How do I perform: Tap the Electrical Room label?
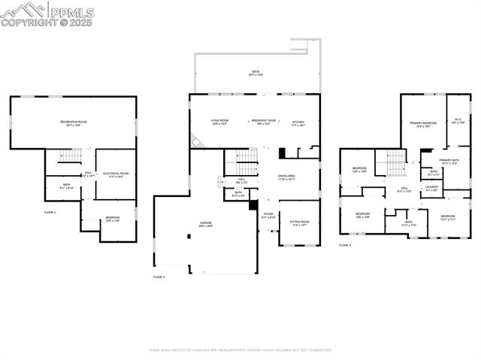[116, 174]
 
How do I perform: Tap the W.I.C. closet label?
[458, 120]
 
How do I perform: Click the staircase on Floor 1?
[70, 156]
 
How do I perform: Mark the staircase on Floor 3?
[396, 162]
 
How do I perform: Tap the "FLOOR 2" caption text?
[159, 277]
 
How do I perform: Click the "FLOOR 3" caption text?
[344, 245]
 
